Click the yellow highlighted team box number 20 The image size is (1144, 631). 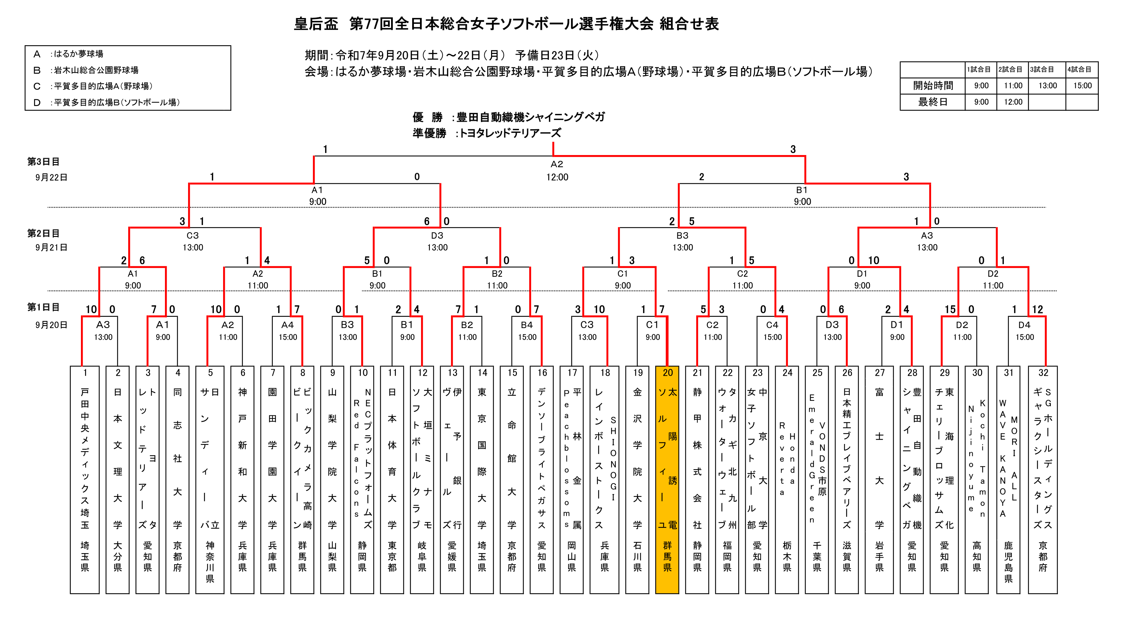coord(667,480)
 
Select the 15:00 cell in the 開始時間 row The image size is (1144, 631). coord(1082,86)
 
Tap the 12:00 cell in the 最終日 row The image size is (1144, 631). coord(1013,102)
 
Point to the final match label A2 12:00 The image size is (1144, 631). coord(557,171)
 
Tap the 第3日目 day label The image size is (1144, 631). coord(44,161)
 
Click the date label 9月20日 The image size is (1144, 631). coord(51,325)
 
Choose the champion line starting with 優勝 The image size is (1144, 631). coord(508,117)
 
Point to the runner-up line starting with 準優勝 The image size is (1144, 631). coord(487,133)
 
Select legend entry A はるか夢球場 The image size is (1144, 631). coord(68,54)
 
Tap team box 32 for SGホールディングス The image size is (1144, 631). coord(1043,480)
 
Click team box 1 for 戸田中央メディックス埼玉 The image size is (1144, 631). coord(85,480)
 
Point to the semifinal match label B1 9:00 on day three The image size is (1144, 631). coord(802,195)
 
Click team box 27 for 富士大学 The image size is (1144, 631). coord(879,480)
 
